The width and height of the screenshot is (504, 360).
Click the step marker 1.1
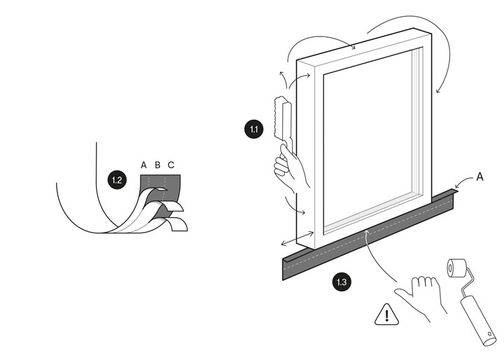(253, 129)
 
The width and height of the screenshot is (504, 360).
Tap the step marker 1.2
(117, 180)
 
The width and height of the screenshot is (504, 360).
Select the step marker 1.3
(342, 283)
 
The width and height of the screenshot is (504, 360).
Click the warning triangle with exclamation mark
(385, 315)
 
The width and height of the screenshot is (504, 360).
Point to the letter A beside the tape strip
(479, 178)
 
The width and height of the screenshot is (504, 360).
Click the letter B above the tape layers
(157, 165)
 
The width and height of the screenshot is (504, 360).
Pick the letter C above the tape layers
(171, 165)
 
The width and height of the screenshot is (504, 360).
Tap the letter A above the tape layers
(143, 165)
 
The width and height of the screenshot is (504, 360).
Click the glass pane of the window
(370, 140)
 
